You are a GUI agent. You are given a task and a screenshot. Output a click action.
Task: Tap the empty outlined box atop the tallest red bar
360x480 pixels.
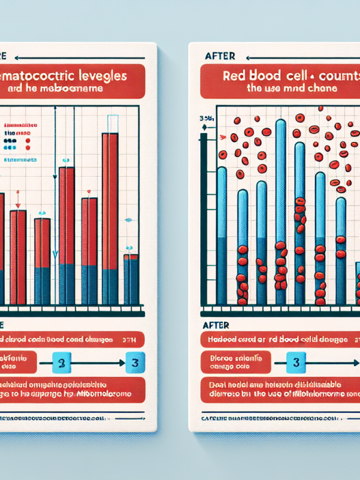pos(111,124)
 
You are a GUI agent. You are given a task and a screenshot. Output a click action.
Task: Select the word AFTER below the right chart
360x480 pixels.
pos(216,326)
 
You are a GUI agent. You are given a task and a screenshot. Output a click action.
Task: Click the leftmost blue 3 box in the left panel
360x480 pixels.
pos(64,360)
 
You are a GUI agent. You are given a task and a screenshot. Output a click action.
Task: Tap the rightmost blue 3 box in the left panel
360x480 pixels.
pos(135,360)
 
